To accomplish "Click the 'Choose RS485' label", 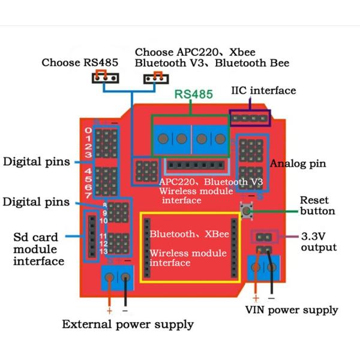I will pyautogui.click(x=80, y=62).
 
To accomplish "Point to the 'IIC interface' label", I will pyautogui.click(x=263, y=91).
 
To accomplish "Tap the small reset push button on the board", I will pyautogui.click(x=246, y=210).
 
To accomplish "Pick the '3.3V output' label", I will pyautogui.click(x=319, y=242).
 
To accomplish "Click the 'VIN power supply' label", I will pyautogui.click(x=292, y=310).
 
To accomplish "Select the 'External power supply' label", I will pyautogui.click(x=128, y=325).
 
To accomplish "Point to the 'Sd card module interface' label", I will pyautogui.click(x=38, y=249).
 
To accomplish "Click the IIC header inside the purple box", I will pyautogui.click(x=250, y=118).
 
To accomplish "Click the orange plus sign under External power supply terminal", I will pyautogui.click(x=109, y=310).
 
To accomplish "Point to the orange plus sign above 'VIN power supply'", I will pyautogui.click(x=256, y=298).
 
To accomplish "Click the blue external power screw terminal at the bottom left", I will pyautogui.click(x=118, y=277).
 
